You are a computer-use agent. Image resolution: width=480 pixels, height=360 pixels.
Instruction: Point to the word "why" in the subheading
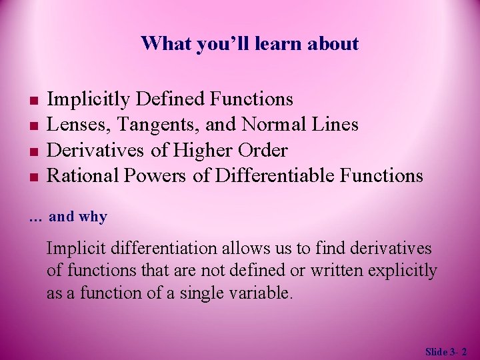coord(93,217)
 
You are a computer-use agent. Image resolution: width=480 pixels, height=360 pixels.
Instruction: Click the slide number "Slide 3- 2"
coord(446,351)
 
